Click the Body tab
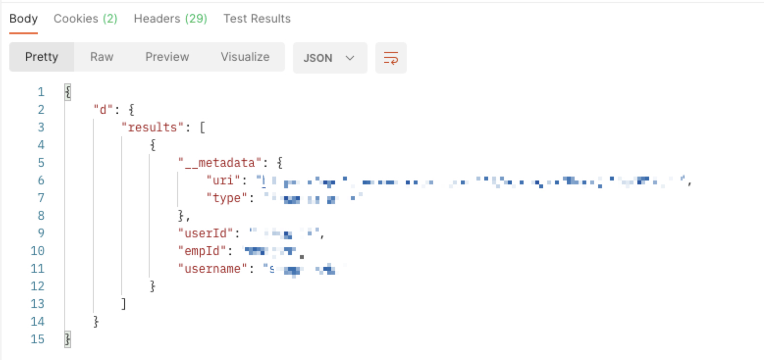pyautogui.click(x=24, y=19)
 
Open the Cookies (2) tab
pyautogui.click(x=85, y=19)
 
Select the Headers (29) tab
pyautogui.click(x=170, y=19)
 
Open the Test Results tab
pyautogui.click(x=257, y=19)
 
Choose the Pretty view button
pyautogui.click(x=42, y=57)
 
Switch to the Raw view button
pyautogui.click(x=102, y=57)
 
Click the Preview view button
pyautogui.click(x=167, y=57)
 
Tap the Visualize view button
pyautogui.click(x=245, y=57)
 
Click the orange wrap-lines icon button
pyautogui.click(x=391, y=57)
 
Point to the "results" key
pyautogui.click(x=152, y=128)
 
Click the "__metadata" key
pyautogui.click(x=217, y=163)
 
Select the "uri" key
pyautogui.click(x=223, y=180)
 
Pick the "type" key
pyautogui.click(x=226, y=198)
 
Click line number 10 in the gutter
pyautogui.click(x=37, y=251)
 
